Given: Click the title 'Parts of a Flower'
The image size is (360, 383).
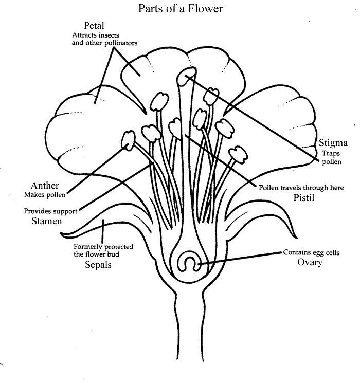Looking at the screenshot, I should tap(180, 9).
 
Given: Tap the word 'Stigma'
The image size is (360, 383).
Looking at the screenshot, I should tap(329, 142).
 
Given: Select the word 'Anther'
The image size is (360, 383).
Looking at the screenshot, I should tap(45, 185).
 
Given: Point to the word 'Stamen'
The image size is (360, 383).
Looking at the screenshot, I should tap(45, 221).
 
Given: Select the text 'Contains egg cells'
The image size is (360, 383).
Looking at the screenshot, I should tap(312, 252).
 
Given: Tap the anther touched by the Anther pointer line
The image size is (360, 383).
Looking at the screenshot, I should tap(128, 139).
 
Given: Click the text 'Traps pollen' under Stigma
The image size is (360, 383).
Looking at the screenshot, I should tap(331, 157).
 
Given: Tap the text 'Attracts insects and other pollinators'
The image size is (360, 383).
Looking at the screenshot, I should tap(104, 39).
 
